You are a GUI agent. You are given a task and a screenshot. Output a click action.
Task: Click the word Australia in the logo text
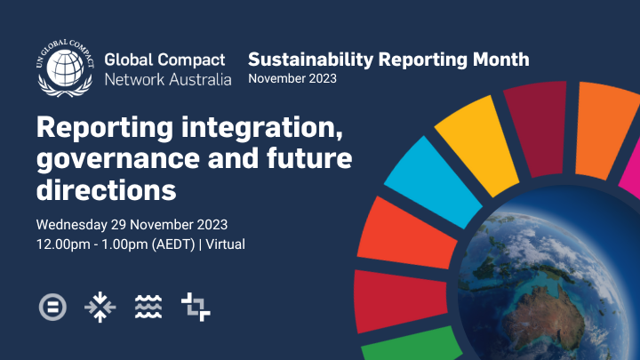click(x=196, y=79)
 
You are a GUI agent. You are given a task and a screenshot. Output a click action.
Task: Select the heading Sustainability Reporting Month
click(x=388, y=60)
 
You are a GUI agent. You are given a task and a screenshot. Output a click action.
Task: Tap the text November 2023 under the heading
click(x=292, y=79)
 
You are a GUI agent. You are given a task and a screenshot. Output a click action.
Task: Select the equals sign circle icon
click(x=52, y=307)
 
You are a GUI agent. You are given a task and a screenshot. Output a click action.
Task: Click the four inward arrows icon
click(x=100, y=307)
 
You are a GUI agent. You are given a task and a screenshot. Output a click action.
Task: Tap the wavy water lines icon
click(x=147, y=307)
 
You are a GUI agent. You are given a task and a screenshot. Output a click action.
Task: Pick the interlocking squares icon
click(x=196, y=307)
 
